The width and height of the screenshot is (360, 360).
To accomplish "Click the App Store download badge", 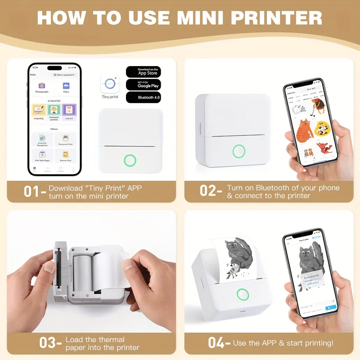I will pyautogui.click(x=143, y=72).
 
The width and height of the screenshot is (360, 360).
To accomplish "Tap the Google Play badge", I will pyautogui.click(x=143, y=84).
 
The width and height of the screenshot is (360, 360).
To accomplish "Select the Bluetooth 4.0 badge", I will pyautogui.click(x=143, y=97).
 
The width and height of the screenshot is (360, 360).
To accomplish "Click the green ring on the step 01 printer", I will pyautogui.click(x=130, y=160).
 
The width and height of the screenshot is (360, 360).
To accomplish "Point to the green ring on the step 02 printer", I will pyautogui.click(x=238, y=151).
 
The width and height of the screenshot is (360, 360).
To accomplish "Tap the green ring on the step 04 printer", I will pyautogui.click(x=243, y=295).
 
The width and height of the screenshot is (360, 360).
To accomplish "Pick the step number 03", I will pyautogui.click(x=48, y=343).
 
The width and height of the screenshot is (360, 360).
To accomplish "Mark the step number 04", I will pyautogui.click(x=217, y=343).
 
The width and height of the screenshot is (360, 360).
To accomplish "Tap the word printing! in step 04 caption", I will pyautogui.click(x=318, y=343).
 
